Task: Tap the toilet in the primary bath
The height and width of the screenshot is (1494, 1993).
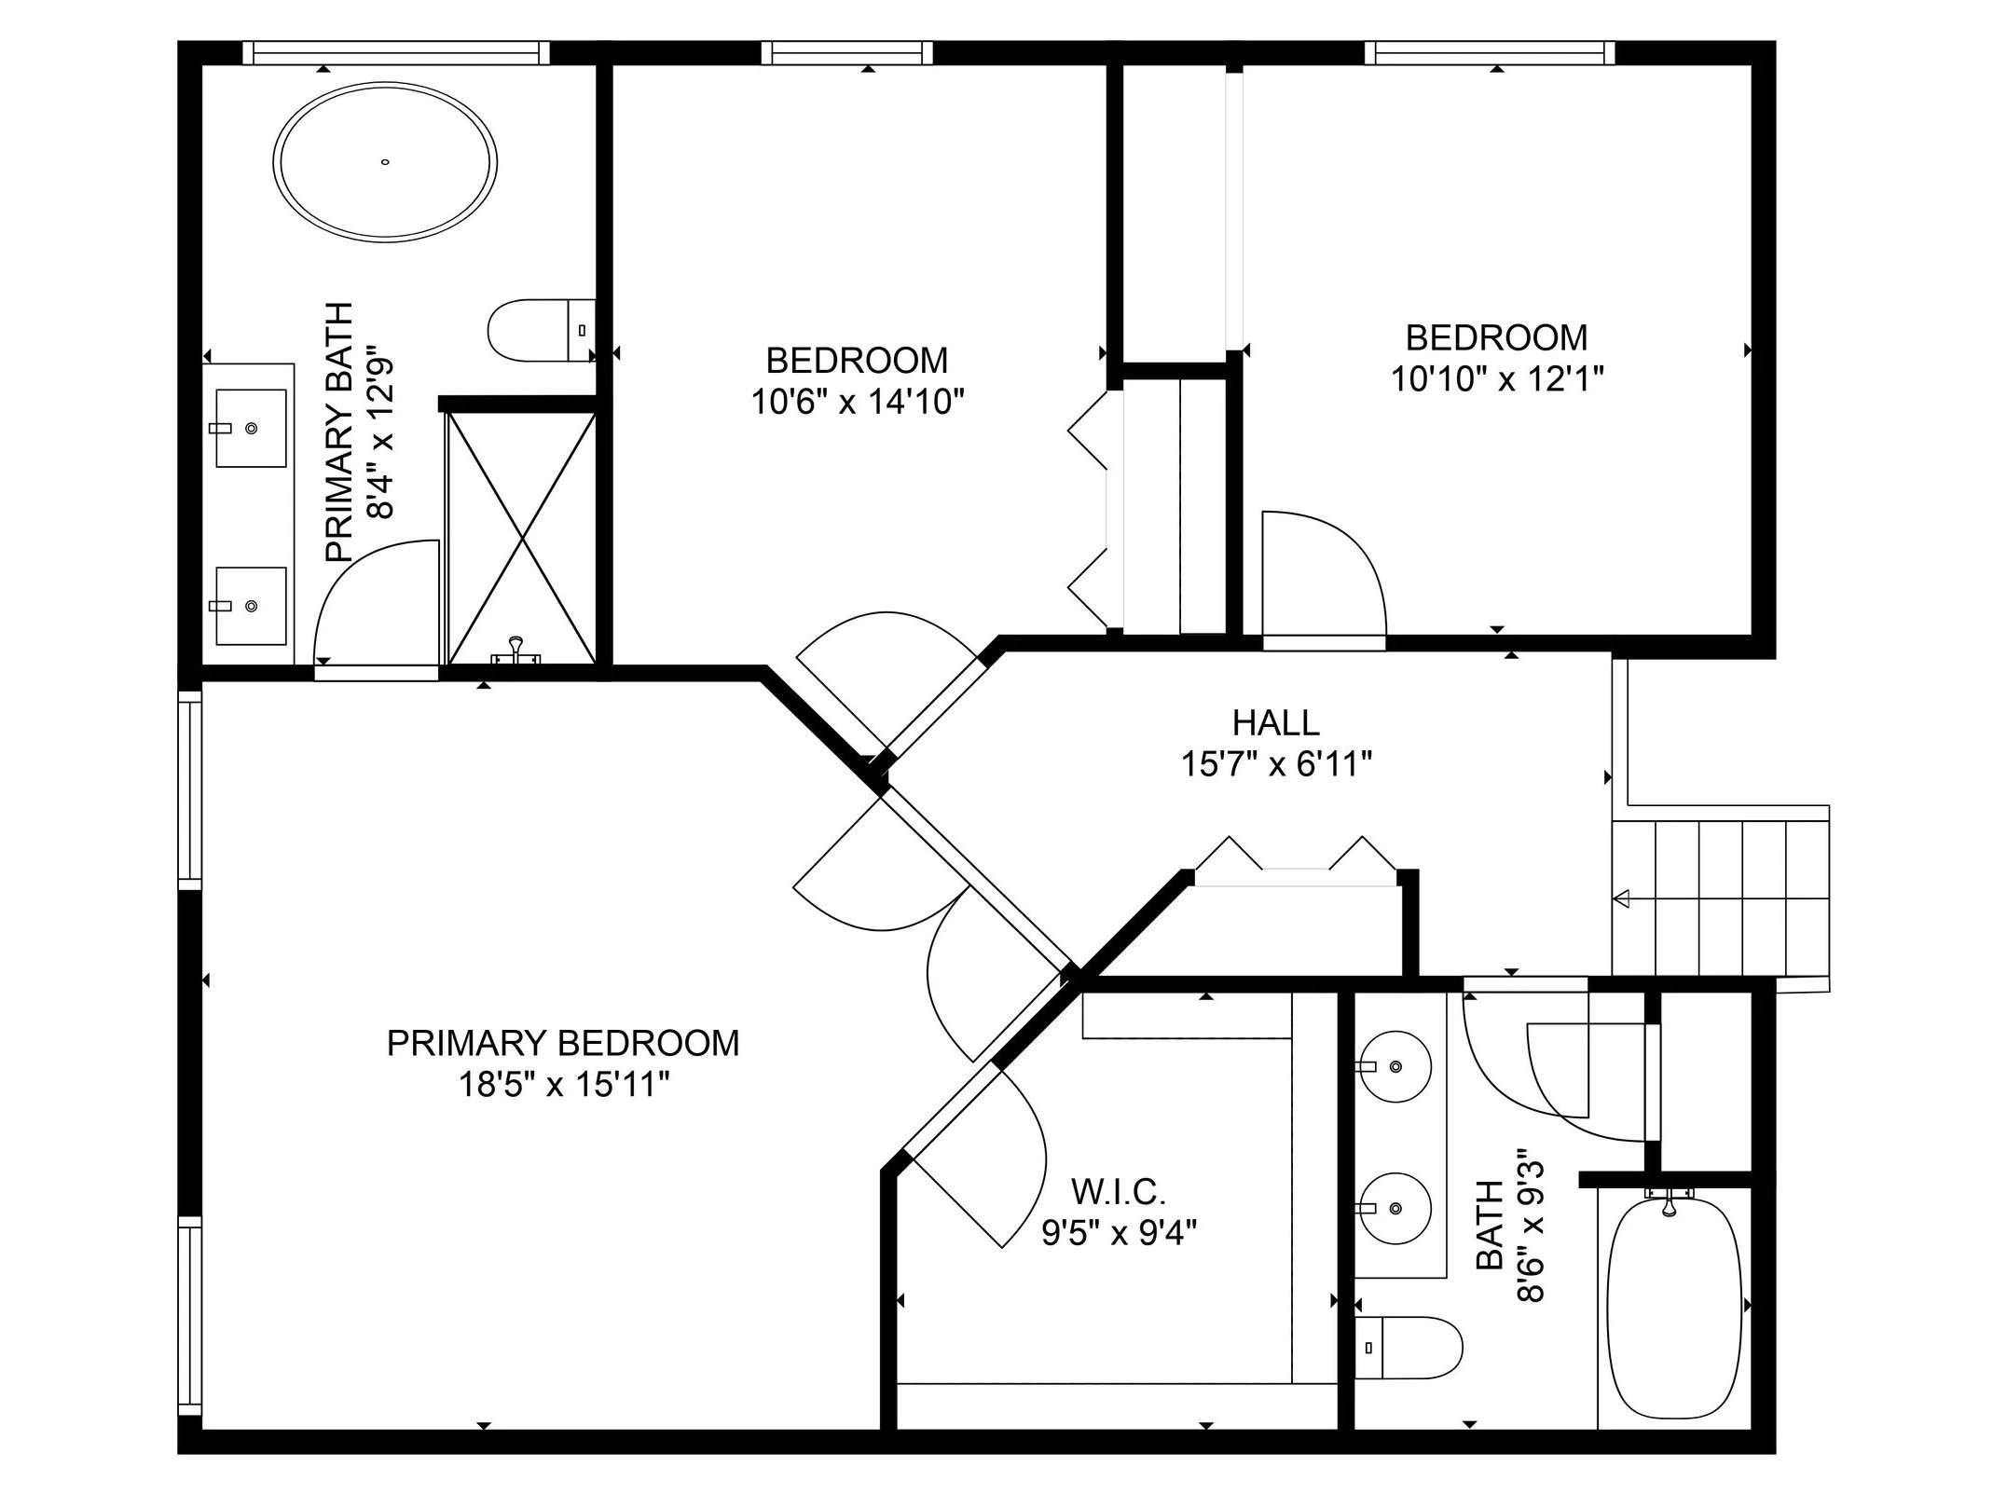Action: (542, 330)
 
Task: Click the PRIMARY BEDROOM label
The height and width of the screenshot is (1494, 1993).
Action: (563, 1043)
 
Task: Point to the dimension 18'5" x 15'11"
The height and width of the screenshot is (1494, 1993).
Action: (564, 1085)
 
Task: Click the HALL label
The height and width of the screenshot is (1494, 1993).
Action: (1276, 722)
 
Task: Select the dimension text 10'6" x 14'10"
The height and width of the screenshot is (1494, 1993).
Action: (858, 402)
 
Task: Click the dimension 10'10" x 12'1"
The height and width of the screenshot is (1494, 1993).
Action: (1497, 379)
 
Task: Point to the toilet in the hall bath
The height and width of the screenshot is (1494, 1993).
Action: (1408, 1347)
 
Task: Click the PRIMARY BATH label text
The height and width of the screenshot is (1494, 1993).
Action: (339, 432)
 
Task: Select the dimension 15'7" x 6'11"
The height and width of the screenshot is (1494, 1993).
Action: (1276, 764)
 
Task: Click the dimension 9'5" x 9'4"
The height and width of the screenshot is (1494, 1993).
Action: (1119, 1232)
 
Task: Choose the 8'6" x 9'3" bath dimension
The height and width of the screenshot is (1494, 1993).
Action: (1531, 1225)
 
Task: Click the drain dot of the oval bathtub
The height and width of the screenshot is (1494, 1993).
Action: (384, 162)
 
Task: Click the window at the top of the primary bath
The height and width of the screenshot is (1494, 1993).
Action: (396, 53)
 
